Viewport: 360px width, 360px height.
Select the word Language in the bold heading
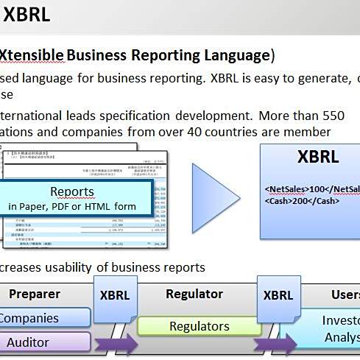click(x=233, y=55)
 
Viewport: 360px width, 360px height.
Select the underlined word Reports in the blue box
click(x=72, y=192)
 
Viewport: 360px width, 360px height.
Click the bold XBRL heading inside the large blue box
click(x=318, y=157)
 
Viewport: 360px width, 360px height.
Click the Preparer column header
click(x=35, y=294)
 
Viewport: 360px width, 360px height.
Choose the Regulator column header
click(x=194, y=294)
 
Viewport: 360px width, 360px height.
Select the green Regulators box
click(x=199, y=326)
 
